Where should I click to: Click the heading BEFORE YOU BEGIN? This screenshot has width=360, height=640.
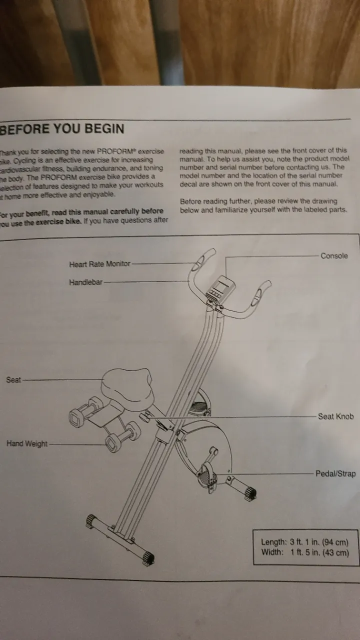62,129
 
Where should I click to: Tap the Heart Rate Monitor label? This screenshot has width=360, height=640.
99,264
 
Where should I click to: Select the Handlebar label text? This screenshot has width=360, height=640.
85,282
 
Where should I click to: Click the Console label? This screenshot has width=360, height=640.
334,256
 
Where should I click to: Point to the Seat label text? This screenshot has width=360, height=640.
13,380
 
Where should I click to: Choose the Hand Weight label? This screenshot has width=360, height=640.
27,443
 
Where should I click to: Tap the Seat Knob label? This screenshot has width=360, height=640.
335,416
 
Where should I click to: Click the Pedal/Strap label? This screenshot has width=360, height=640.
335,473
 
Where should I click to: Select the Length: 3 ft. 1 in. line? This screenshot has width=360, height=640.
304,542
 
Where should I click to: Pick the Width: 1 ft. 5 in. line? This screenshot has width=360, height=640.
304,552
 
